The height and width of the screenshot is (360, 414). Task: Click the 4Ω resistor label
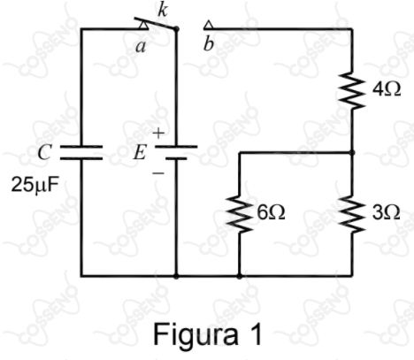(387, 89)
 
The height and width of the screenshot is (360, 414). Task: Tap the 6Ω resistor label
(271, 212)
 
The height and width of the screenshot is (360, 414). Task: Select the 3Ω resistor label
(386, 212)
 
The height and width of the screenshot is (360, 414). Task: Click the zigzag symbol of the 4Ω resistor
(352, 89)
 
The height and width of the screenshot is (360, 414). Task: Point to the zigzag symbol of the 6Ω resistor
(240, 213)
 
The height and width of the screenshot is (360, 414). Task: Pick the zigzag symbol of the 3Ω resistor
(352, 213)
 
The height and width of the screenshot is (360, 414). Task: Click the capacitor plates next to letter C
(81, 152)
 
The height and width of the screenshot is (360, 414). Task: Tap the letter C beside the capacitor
(44, 152)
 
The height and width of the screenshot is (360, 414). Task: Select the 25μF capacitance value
(34, 185)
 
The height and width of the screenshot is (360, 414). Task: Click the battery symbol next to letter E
(176, 152)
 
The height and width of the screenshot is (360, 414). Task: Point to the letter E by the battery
(140, 153)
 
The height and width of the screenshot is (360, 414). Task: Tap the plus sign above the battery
(158, 133)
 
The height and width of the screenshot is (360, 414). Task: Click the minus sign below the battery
(158, 172)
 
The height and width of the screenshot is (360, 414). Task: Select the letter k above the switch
(163, 11)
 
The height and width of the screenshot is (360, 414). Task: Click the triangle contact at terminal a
(143, 25)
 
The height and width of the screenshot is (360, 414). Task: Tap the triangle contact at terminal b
(208, 25)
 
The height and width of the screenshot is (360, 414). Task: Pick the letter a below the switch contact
(141, 47)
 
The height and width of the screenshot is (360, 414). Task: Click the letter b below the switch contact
(209, 45)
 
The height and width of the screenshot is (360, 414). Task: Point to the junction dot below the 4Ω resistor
(352, 152)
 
